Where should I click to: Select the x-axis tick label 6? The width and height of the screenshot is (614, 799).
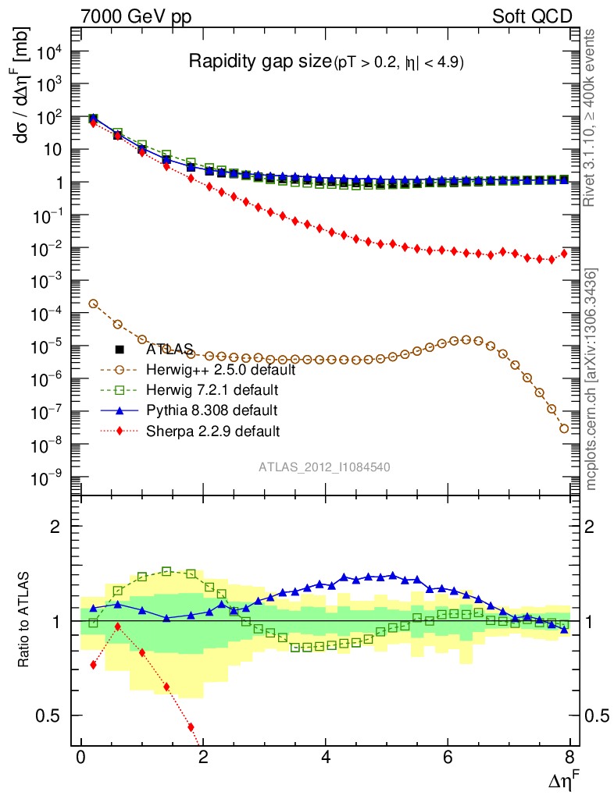[448, 758]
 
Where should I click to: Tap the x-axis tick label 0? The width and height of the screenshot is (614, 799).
[80, 758]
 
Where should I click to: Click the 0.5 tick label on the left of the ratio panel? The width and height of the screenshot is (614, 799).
[52, 716]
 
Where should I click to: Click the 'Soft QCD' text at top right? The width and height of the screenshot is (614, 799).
[531, 16]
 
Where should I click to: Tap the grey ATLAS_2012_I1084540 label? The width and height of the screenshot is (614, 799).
[325, 467]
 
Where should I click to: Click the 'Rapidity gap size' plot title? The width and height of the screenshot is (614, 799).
[261, 62]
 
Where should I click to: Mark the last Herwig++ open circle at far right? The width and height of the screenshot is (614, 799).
[564, 428]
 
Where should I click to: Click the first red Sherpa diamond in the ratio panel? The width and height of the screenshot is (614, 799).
[93, 665]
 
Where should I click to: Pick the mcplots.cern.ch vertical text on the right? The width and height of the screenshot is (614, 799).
[592, 379]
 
